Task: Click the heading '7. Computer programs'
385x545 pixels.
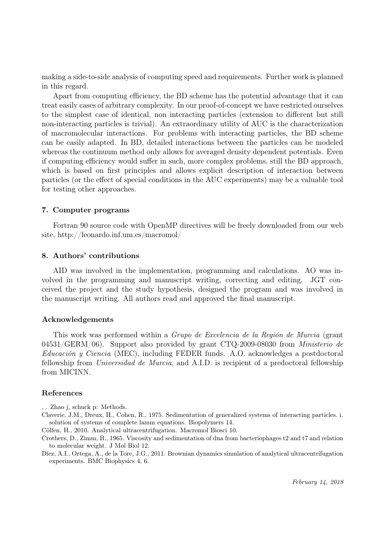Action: (86, 210)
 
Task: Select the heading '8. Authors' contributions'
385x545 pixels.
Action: (90, 255)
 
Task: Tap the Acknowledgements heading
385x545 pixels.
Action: (77, 320)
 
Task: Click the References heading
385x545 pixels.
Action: (62, 393)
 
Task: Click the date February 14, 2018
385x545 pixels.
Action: (317, 482)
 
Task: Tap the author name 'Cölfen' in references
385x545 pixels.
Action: (51, 430)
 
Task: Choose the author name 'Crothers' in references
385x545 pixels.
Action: (54, 438)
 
